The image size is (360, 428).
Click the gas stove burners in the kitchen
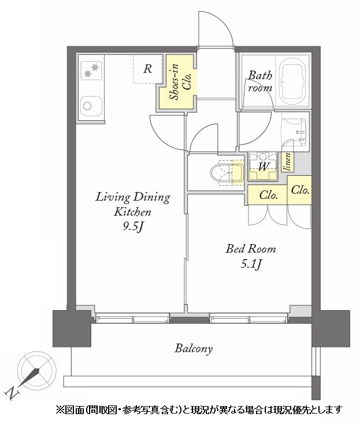[x=91, y=71]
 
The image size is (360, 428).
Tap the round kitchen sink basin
[x=87, y=106]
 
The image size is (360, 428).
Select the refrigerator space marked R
[x=147, y=69]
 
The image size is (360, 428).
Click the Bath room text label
[x=260, y=82]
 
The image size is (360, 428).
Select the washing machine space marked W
[x=263, y=166]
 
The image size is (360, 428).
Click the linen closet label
[x=288, y=162]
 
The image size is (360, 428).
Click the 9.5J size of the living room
[x=133, y=227]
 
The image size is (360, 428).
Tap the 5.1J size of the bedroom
[x=251, y=264]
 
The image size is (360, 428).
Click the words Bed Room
[x=250, y=249]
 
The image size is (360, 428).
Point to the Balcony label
[x=194, y=349]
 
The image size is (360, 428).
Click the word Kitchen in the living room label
[x=132, y=212]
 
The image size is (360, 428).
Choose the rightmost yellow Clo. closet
[x=299, y=190]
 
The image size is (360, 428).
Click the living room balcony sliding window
[x=133, y=318]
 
